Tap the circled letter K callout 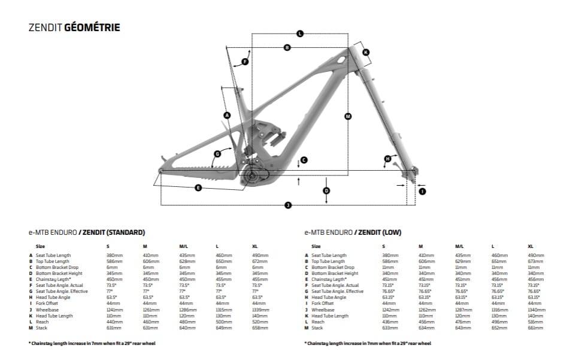(366, 52)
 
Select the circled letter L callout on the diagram (300, 34)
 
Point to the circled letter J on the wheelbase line (288, 205)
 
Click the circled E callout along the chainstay (198, 188)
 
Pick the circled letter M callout (348, 116)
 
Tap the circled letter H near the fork (387, 159)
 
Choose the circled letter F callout (245, 61)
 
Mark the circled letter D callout (326, 190)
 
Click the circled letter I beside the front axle (423, 191)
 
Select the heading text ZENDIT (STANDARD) (114, 232)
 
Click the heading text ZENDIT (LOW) (379, 232)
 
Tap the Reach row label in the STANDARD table (42, 322)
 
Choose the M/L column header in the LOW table (459, 246)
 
